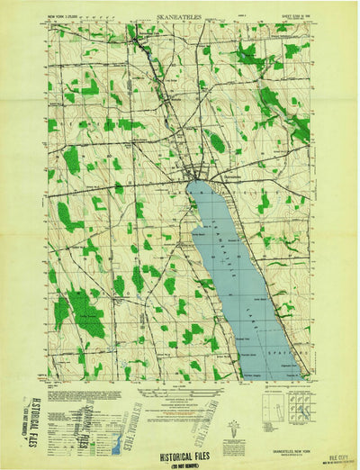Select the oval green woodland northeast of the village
(216, 140)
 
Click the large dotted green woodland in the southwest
(85, 311)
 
